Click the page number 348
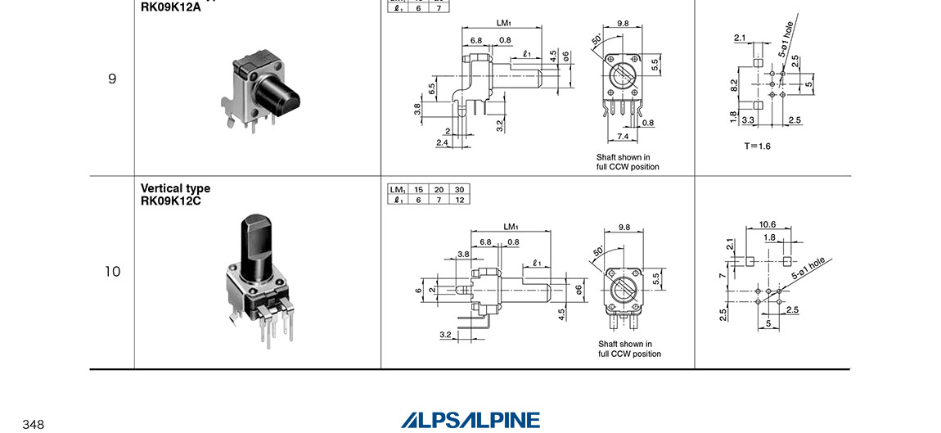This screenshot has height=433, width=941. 34,424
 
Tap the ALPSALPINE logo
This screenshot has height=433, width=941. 470,420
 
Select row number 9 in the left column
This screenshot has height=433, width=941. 112,79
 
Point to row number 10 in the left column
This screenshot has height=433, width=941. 112,272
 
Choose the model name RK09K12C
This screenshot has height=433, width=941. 170,201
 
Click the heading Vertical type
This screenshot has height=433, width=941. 175,189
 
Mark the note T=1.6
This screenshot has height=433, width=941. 757,146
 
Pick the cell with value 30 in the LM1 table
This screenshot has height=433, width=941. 459,190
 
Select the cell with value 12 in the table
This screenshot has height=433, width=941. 459,200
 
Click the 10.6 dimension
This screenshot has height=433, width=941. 767,224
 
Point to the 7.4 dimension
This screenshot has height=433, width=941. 623,136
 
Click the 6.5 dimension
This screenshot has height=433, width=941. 431,88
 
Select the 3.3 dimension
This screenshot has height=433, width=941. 747,120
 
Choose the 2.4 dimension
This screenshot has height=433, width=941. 442,143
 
